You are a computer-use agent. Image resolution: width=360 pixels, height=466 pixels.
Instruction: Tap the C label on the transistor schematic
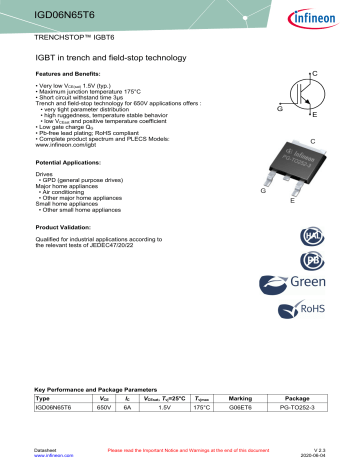coord(315,74)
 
